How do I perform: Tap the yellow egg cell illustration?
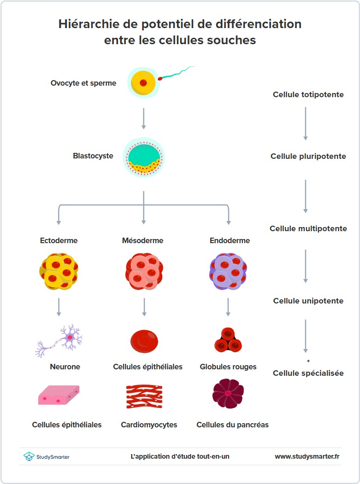(x=142, y=83)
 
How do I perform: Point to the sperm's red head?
(x=160, y=79)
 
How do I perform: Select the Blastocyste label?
(x=93, y=156)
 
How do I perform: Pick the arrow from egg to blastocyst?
(x=143, y=118)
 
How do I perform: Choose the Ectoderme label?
(x=59, y=240)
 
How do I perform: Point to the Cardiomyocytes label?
(x=149, y=425)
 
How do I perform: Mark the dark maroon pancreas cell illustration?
(x=228, y=394)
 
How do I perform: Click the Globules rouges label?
(x=228, y=367)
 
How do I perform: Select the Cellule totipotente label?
(x=308, y=94)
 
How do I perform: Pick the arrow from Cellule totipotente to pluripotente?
(x=305, y=123)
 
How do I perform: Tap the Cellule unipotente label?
(x=308, y=301)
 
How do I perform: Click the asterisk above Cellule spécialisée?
(x=308, y=361)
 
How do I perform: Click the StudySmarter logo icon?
(x=29, y=456)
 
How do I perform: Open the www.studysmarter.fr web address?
(x=307, y=456)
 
